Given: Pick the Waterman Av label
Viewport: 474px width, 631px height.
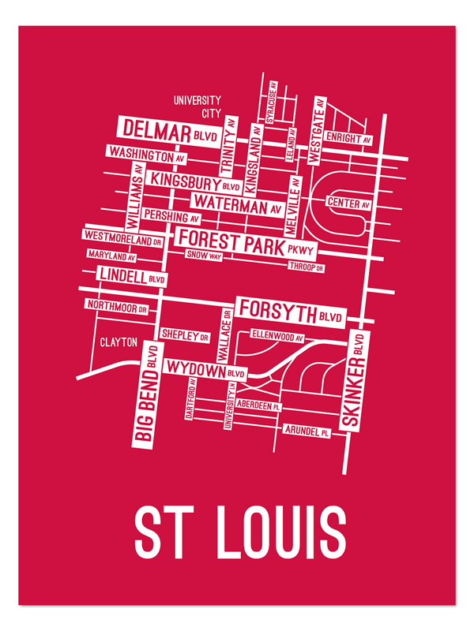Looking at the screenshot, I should coord(238,206).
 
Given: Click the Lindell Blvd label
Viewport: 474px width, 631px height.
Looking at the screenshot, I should coord(131,275).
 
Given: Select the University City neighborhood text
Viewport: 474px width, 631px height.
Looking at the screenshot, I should coord(197,106).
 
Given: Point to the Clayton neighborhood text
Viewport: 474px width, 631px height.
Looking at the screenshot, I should coord(118,342).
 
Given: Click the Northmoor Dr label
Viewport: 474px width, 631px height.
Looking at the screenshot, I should coord(117,305).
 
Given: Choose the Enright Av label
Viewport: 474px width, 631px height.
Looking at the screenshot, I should coord(341,138).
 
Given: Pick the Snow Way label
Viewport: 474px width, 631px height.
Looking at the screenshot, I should coord(204,256).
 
